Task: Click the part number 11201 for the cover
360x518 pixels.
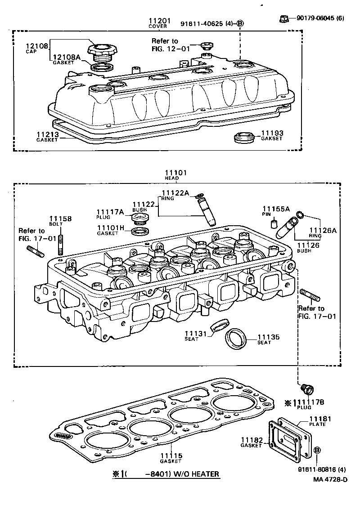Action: (x=160, y=21)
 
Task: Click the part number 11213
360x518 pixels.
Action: (x=47, y=134)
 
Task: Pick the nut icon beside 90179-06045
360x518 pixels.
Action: (x=284, y=18)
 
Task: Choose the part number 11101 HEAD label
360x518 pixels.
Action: (x=175, y=173)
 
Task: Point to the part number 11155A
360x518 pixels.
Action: (x=276, y=209)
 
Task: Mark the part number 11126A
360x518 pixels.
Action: (x=323, y=231)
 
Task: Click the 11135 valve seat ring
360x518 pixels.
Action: (x=236, y=339)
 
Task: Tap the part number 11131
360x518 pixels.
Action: (x=195, y=333)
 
